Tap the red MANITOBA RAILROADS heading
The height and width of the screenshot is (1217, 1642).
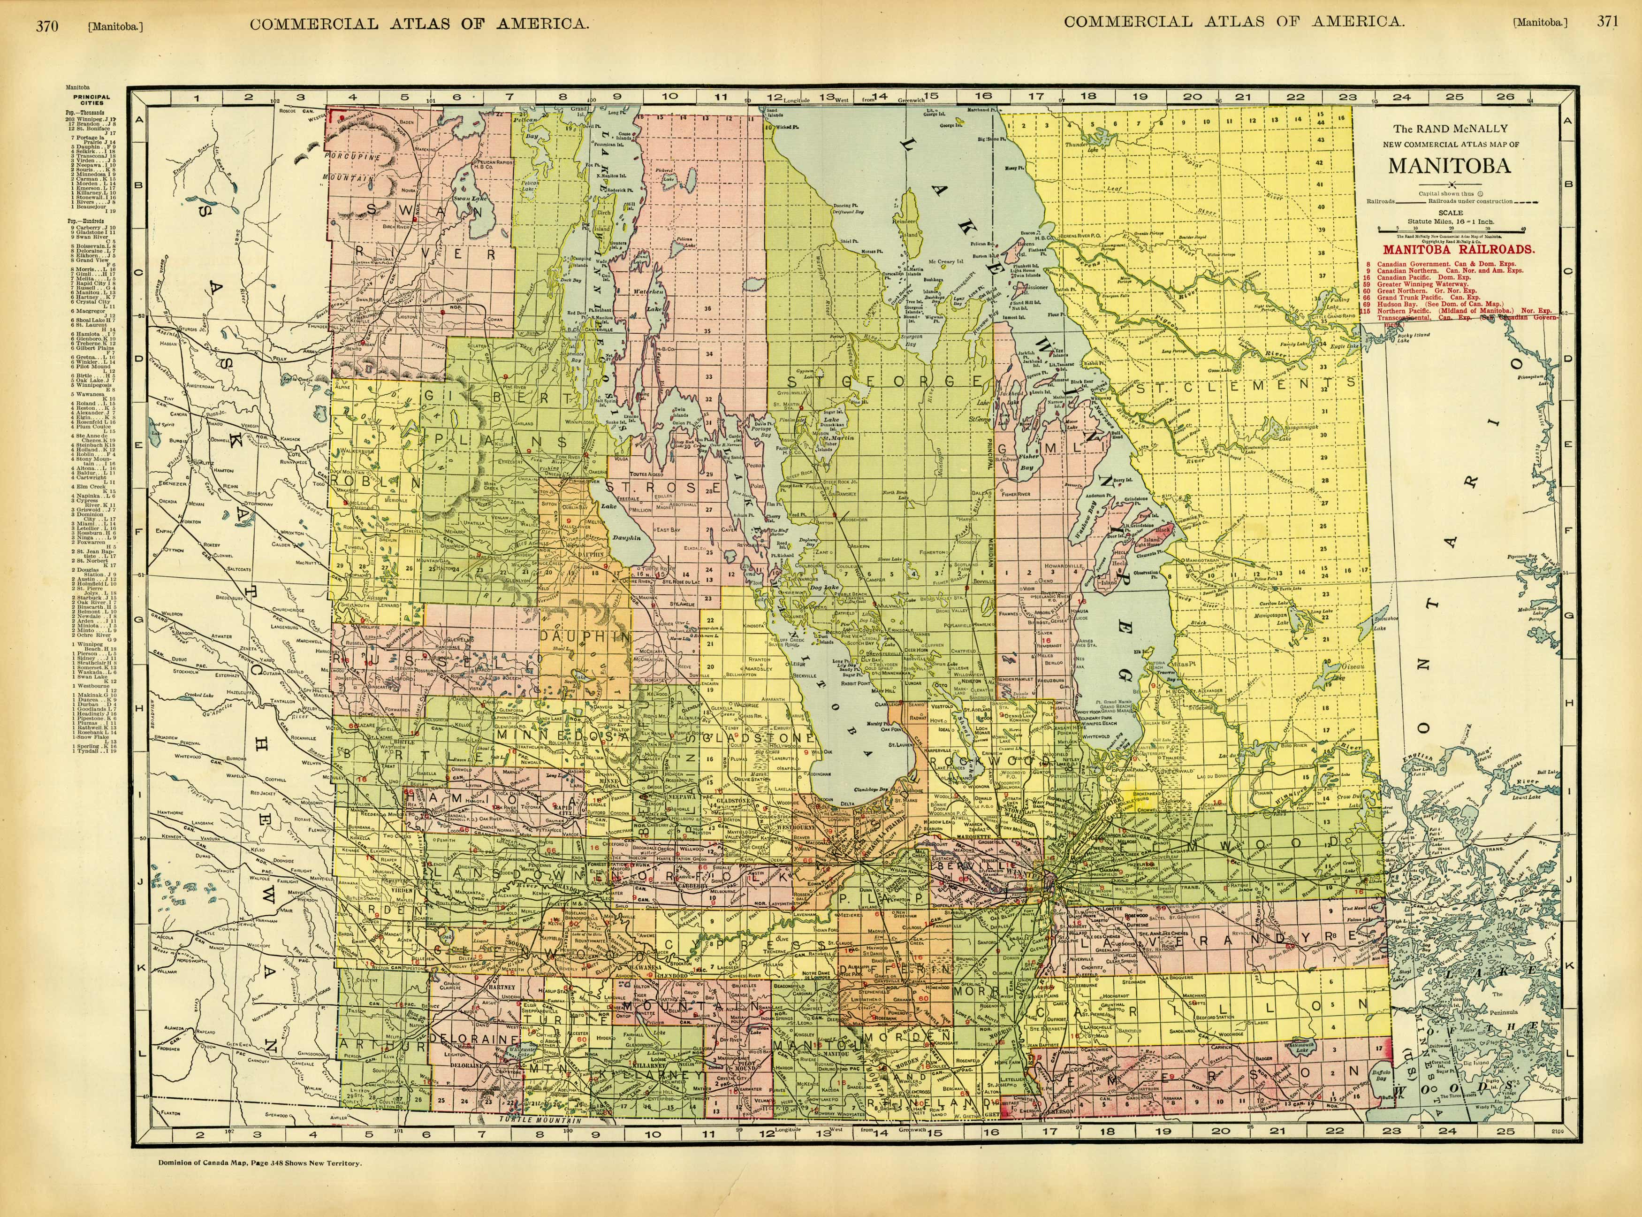[1459, 250]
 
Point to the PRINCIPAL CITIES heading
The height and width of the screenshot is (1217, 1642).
[92, 100]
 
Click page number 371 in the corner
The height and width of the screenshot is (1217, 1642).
[1607, 22]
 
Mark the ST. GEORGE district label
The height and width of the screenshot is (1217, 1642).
[883, 381]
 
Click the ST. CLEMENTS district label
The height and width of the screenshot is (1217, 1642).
[1244, 384]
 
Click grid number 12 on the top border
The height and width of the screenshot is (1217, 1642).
[774, 97]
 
